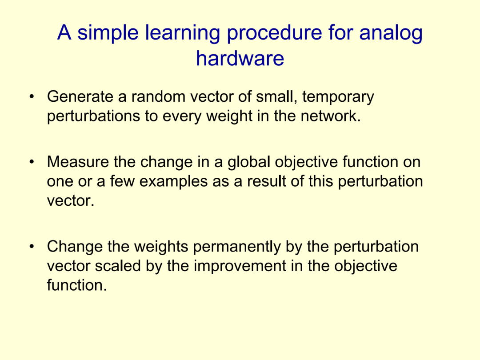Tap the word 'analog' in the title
point(391,33)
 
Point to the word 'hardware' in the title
point(240,58)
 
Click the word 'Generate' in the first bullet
point(80,96)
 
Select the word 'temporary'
point(338,97)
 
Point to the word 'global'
point(248,162)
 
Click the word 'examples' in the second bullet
point(174,181)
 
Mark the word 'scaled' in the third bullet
point(117,266)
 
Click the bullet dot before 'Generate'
point(32,97)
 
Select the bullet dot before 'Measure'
point(32,162)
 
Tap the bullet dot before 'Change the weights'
point(32,246)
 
